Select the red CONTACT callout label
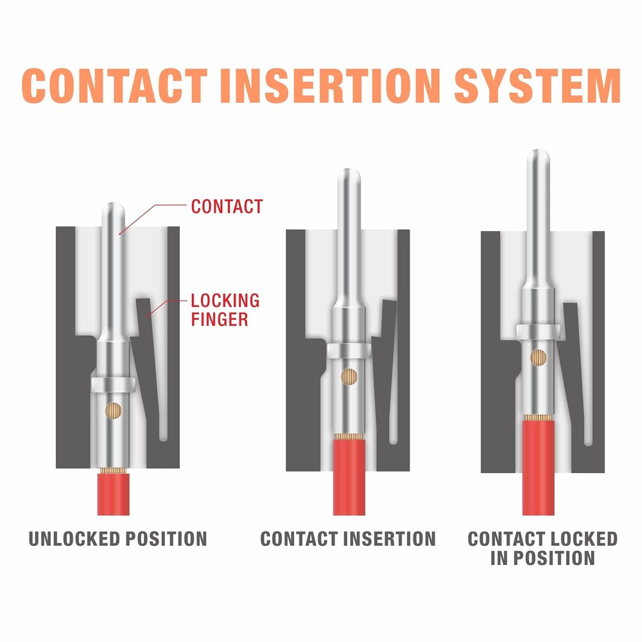(x=227, y=206)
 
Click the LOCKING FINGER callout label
(x=225, y=309)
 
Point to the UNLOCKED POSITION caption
(x=117, y=538)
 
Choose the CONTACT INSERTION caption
(x=347, y=538)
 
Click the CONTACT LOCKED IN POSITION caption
(x=542, y=548)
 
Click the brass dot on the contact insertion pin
(x=350, y=376)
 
